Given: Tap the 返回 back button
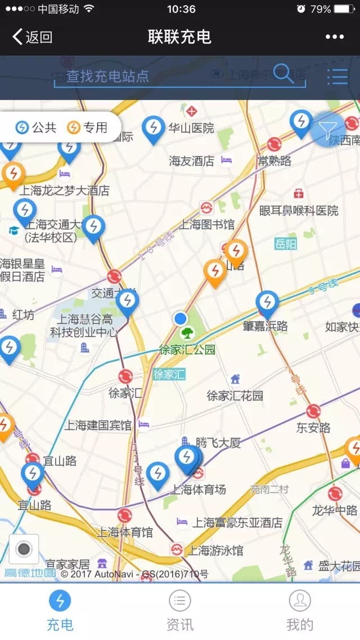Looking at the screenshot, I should point(33,37).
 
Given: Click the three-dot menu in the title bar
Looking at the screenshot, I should point(334,37).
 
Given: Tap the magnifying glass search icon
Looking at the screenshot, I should point(283,73).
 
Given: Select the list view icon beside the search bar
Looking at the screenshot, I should point(337,76).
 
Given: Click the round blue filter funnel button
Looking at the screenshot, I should point(328,129).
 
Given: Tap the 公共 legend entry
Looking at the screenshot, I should point(37,128).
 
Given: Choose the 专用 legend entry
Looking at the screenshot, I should point(88,128).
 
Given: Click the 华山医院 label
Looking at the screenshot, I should point(191,128).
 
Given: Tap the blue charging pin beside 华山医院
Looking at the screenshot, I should point(153,129).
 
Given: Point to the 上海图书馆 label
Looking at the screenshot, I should point(206,225).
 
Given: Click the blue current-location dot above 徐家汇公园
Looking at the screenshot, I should point(180,319).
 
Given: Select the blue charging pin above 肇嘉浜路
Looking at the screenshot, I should point(267,303).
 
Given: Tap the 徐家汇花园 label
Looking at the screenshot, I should point(235,396).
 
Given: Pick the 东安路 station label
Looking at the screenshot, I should point(313,428).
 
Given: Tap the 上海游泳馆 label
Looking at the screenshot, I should point(215,550).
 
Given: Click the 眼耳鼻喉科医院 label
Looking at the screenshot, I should point(299,211).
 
